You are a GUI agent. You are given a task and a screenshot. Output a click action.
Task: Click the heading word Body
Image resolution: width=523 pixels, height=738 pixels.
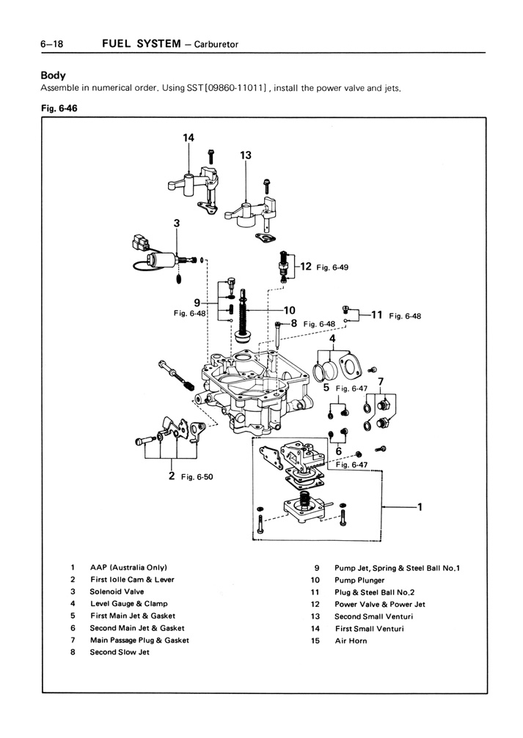pos(53,75)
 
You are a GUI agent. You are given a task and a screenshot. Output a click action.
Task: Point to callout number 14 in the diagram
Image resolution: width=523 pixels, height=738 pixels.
pos(189,137)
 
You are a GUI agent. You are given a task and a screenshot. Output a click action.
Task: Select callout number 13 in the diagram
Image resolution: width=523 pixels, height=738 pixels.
pos(246,155)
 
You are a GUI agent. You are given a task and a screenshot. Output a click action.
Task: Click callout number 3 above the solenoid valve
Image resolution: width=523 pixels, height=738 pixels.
pos(176,223)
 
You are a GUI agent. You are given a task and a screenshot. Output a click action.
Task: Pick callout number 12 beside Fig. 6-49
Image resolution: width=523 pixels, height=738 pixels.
pos(306,267)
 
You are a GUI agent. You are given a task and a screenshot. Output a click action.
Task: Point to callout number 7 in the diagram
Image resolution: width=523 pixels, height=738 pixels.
pos(380,382)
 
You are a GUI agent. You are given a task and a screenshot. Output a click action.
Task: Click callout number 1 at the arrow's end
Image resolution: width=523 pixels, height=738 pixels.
pos(420,506)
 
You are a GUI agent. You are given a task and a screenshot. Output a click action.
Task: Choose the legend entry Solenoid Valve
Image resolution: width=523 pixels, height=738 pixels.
pos(117,591)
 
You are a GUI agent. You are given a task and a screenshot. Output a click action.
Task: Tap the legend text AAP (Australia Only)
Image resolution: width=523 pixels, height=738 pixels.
pos(128,567)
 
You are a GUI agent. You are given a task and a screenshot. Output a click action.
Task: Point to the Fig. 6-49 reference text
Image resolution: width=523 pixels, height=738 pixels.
pos(332,267)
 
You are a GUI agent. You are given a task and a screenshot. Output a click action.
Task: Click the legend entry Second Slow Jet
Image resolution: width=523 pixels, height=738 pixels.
pos(119,652)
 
